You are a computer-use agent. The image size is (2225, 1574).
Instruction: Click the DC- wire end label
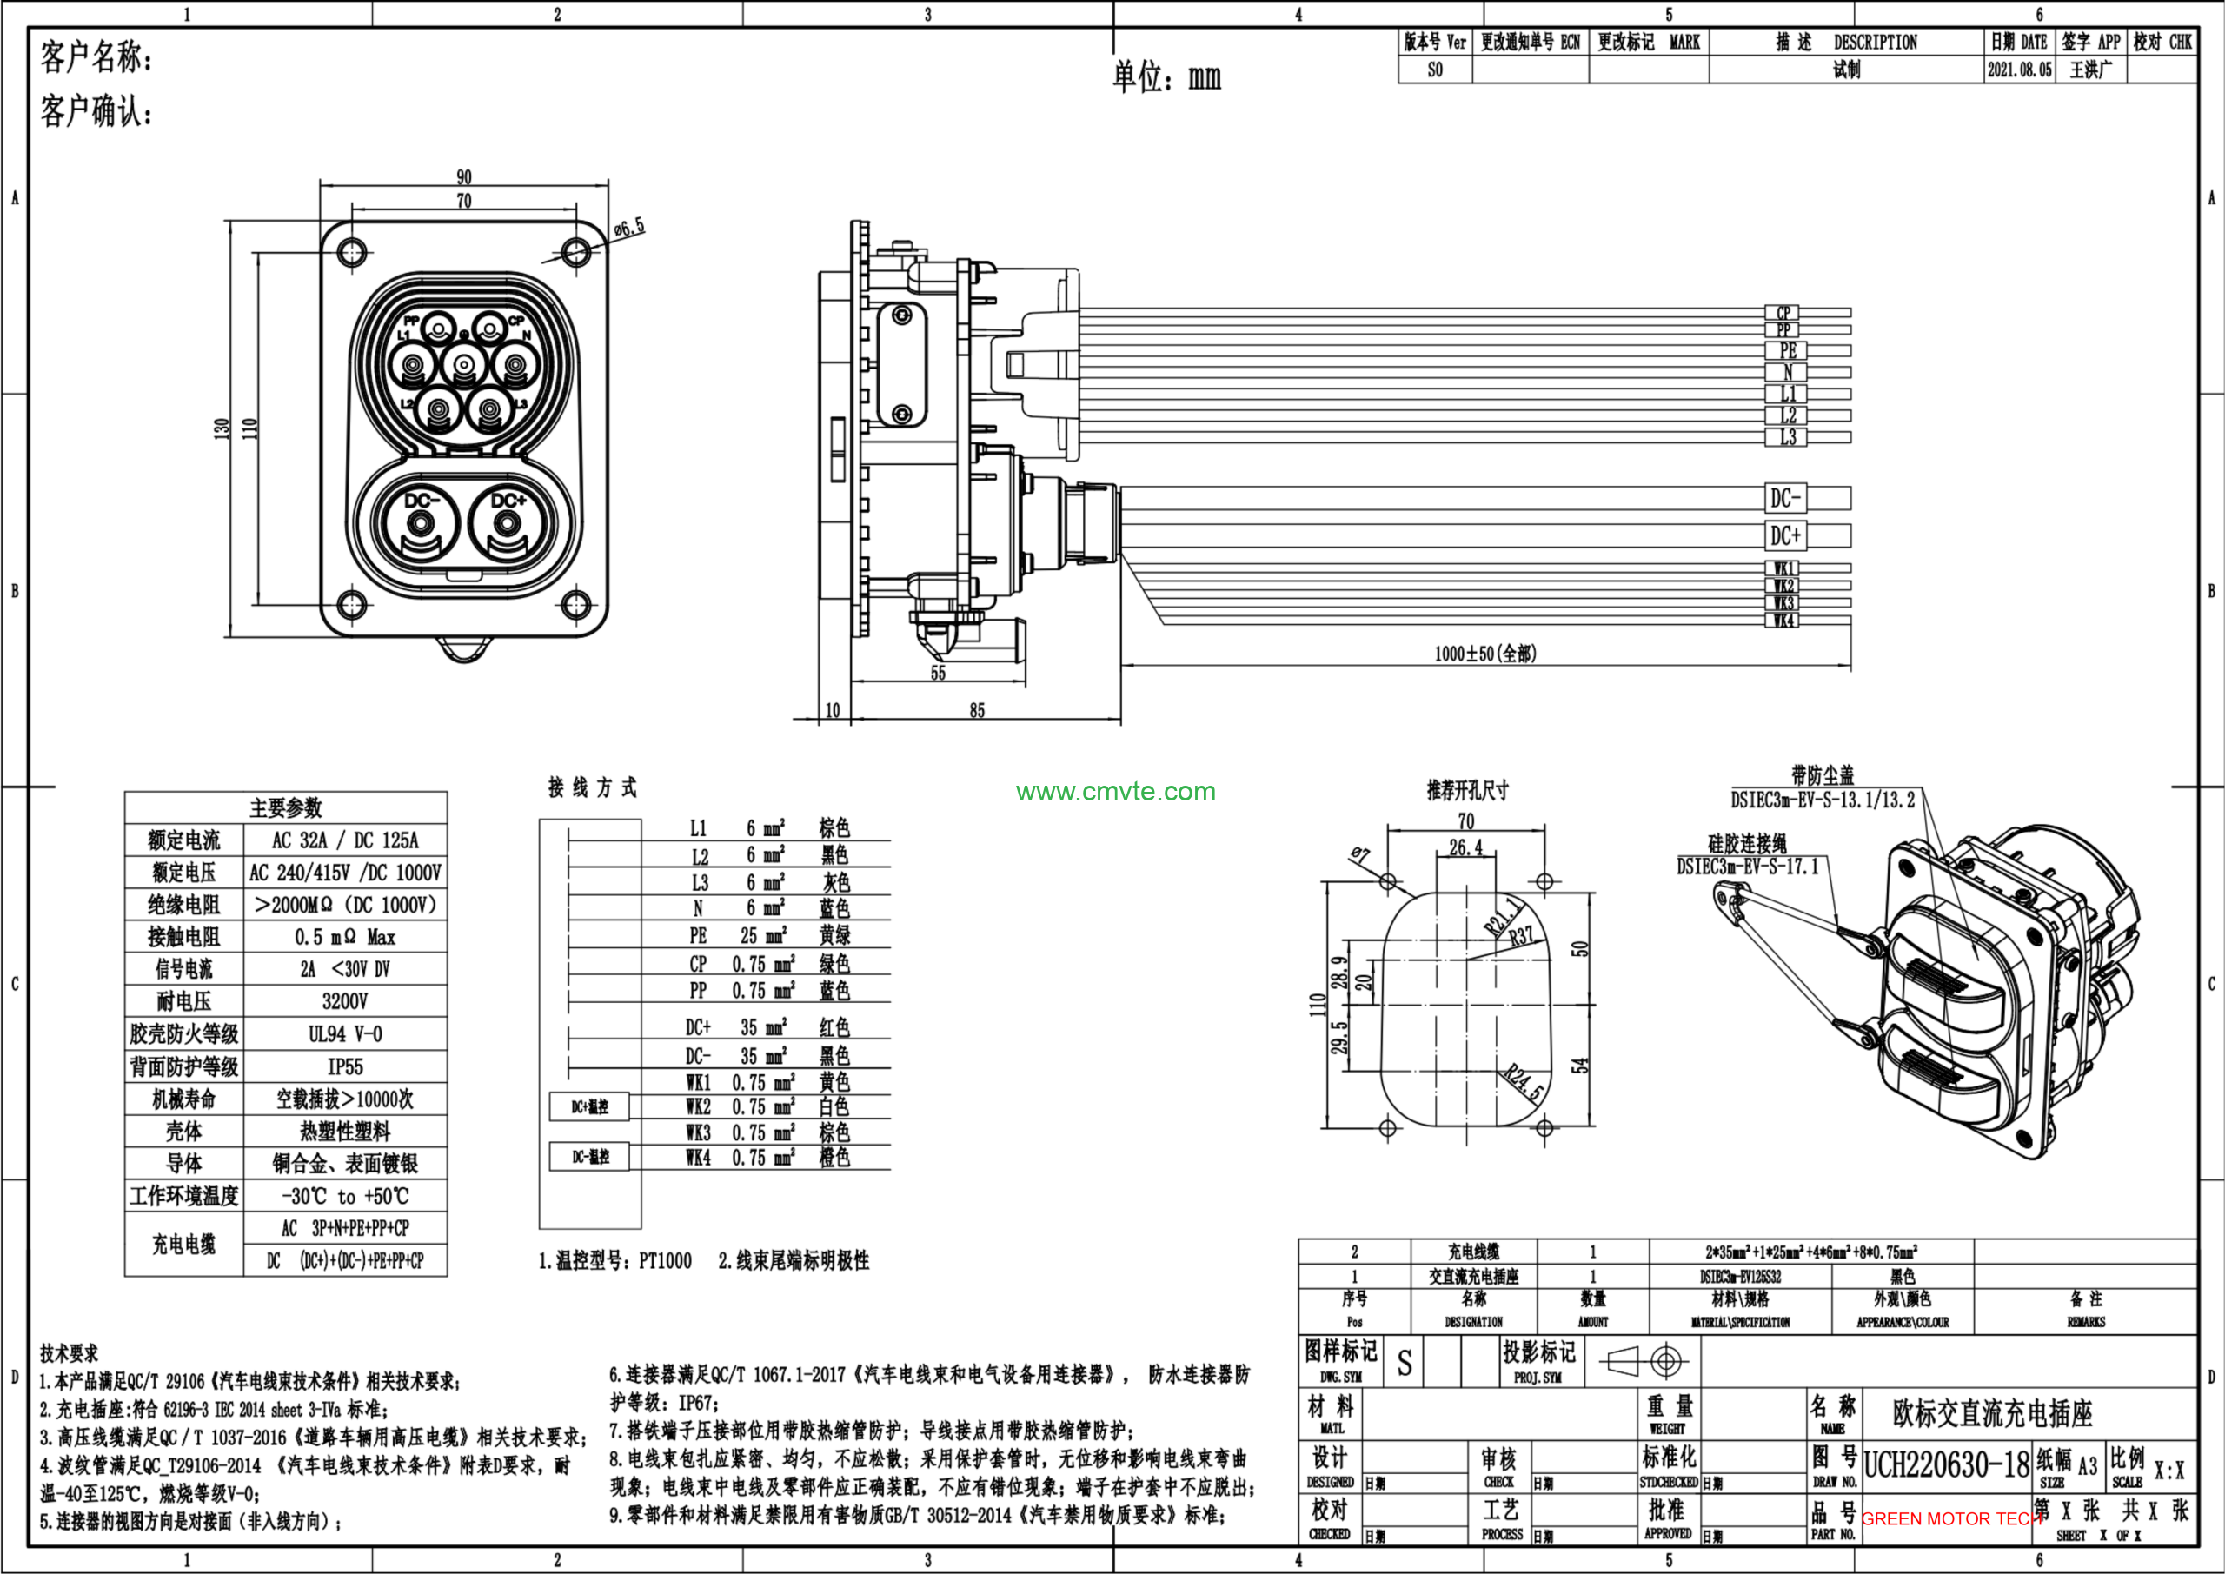coord(1785,498)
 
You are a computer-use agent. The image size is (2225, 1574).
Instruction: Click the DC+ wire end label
coord(1785,535)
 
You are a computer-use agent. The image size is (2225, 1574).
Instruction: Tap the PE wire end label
coord(1787,351)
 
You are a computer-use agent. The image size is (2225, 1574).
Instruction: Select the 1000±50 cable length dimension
coord(1484,654)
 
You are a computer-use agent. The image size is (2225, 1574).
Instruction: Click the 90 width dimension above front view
coord(464,177)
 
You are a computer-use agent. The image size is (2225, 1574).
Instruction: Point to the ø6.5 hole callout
coord(629,229)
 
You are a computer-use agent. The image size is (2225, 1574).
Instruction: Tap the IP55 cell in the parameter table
coord(345,1067)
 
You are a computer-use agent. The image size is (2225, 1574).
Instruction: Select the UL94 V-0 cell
coord(345,1034)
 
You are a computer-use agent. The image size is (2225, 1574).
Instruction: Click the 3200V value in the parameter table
coord(345,1001)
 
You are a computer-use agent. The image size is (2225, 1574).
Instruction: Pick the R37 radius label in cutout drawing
coord(1520,936)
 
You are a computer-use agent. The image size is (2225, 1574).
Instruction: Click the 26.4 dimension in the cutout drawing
coord(1465,847)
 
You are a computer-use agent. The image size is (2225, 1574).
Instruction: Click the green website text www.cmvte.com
coord(1115,792)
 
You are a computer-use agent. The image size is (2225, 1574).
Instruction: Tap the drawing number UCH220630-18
coord(1946,1464)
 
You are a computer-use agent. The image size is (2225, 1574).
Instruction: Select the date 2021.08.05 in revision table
coord(2019,70)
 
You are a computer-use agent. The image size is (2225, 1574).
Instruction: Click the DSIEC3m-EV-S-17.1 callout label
coord(1747,867)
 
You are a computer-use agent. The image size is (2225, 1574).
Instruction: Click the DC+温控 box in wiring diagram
coord(589,1106)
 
